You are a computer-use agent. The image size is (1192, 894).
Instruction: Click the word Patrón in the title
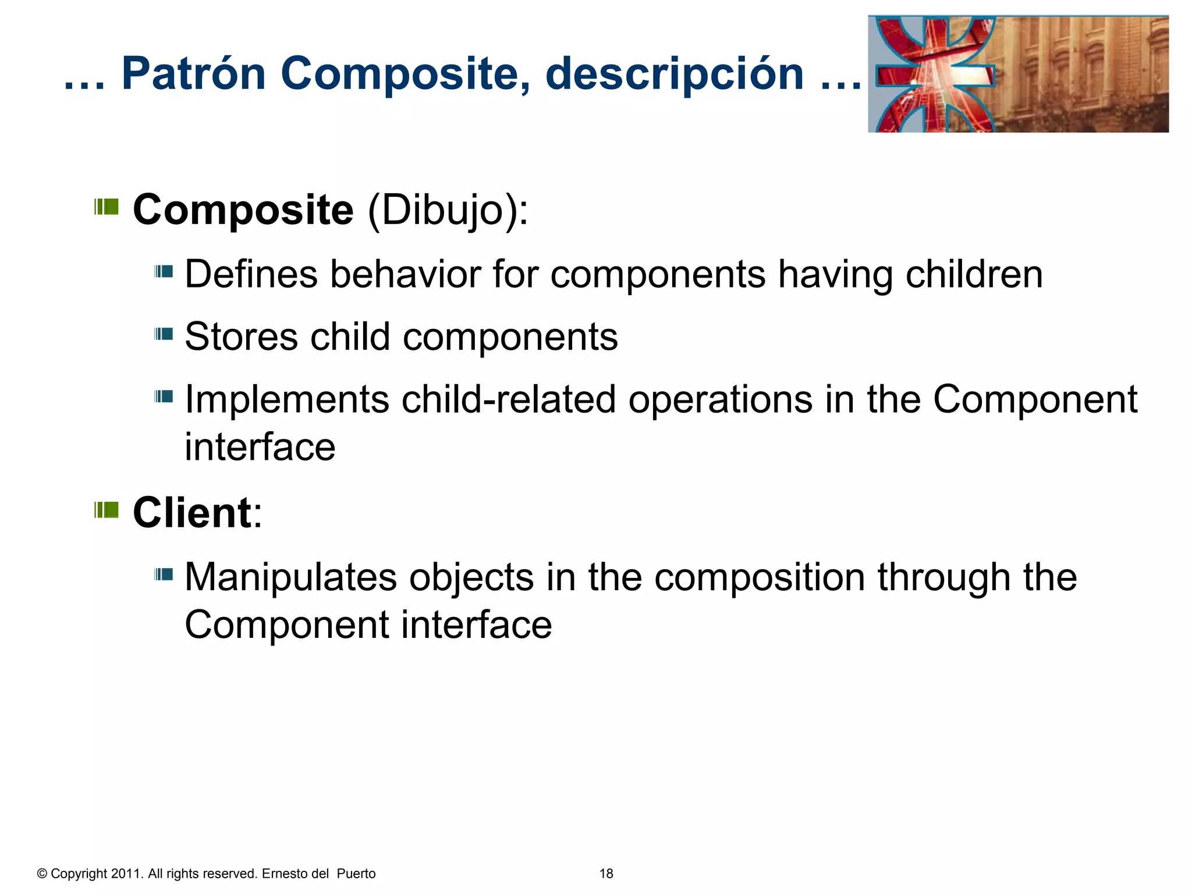tap(193, 74)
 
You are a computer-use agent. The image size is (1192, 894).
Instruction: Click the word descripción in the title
tap(674, 74)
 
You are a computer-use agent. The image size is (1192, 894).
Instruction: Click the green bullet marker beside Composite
tap(107, 207)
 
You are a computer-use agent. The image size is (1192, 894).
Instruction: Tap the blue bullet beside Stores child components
tap(164, 334)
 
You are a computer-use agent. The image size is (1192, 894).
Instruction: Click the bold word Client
tap(192, 513)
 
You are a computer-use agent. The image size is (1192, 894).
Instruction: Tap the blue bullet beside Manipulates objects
tap(164, 574)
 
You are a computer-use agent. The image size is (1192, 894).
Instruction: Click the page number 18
tap(606, 874)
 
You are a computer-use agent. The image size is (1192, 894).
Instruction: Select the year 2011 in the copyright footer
tap(125, 874)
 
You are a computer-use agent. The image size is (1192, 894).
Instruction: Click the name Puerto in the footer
tap(356, 874)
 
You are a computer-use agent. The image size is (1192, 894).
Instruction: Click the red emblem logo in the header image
tap(934, 74)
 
